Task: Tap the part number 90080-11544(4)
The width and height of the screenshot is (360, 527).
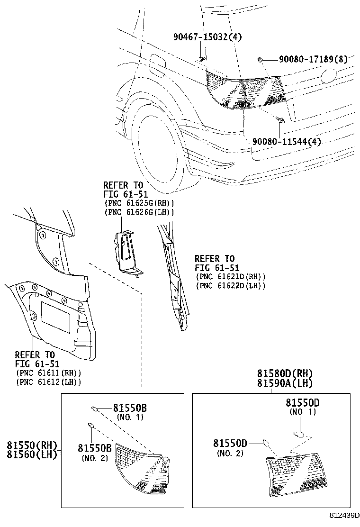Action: pyautogui.click(x=286, y=141)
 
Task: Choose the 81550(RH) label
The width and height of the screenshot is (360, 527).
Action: pyautogui.click(x=32, y=445)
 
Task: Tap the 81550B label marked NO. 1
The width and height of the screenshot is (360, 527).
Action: pyautogui.click(x=130, y=408)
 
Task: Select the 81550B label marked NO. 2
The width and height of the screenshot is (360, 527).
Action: pyautogui.click(x=95, y=448)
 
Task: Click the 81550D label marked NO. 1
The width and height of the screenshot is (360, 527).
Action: pyautogui.click(x=302, y=403)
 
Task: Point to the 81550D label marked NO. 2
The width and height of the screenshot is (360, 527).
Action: pyautogui.click(x=230, y=444)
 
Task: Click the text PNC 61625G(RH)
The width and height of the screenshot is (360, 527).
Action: pyautogui.click(x=139, y=203)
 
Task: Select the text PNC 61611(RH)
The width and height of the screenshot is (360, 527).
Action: pyautogui.click(x=48, y=373)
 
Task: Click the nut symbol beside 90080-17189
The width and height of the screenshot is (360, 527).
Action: pyautogui.click(x=261, y=59)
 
